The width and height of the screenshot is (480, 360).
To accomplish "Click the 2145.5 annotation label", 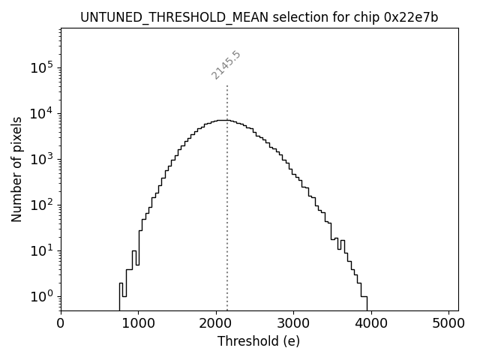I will point(226,65).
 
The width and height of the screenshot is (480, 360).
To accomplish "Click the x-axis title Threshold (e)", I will point(259,341).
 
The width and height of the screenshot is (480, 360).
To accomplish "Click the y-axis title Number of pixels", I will point(16,169).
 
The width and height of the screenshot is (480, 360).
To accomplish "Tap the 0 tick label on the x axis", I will point(61,323).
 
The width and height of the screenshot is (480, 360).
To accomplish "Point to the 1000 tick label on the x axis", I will point(138,323).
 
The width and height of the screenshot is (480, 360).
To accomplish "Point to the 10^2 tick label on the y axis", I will point(42,204).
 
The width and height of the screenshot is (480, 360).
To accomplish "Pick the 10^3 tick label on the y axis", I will point(42,158).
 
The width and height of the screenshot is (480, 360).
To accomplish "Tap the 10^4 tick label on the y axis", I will point(42,113).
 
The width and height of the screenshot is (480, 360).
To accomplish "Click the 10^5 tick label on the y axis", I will point(42,67).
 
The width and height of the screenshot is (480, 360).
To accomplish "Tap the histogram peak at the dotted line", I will point(227,120).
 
